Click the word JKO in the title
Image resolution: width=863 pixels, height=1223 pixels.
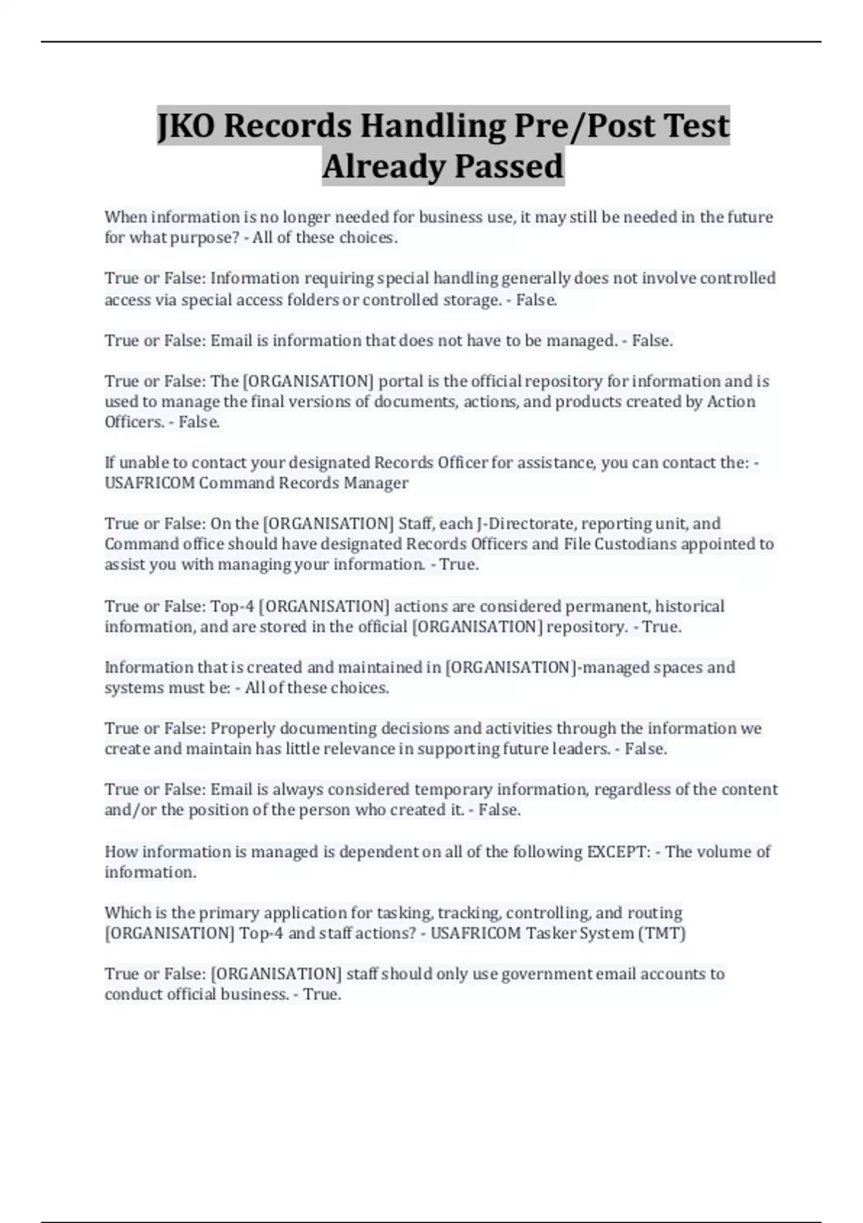pyautogui.click(x=186, y=126)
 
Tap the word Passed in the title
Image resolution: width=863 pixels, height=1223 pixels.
pyautogui.click(x=514, y=166)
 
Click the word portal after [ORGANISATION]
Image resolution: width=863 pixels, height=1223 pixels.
pyautogui.click(x=401, y=381)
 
